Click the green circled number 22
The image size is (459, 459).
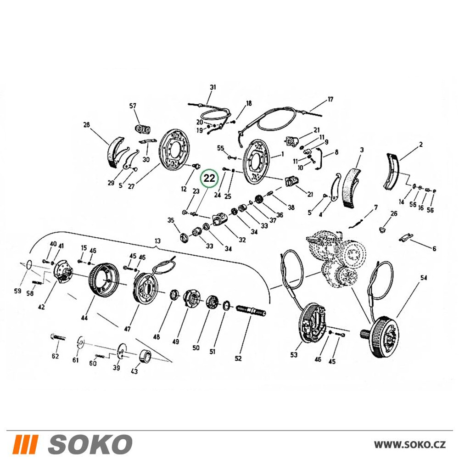pos(209,178)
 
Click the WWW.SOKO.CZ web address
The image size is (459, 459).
pos(410,445)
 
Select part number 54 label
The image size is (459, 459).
pos(424,278)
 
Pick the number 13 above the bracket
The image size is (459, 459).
pos(157,241)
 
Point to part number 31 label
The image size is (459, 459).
pos(213,87)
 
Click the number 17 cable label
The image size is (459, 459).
pos(330,100)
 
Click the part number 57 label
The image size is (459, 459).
pos(133,106)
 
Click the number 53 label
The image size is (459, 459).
pos(294,355)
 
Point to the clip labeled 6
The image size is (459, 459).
pos(406,237)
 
